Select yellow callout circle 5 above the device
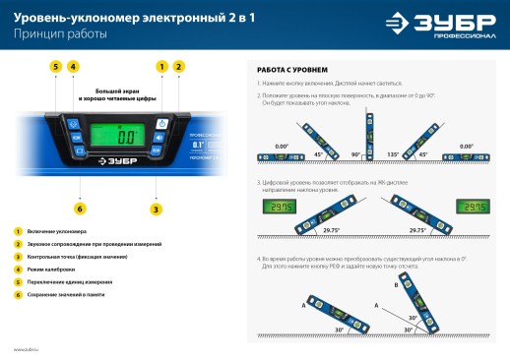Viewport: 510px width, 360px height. pyautogui.click(x=56, y=66)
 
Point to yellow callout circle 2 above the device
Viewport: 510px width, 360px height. pyautogui.click(x=178, y=66)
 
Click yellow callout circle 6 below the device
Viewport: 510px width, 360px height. pyautogui.click(x=79, y=208)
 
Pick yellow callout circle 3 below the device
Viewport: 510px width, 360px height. pyautogui.click(x=156, y=208)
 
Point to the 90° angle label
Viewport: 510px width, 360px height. pyautogui.click(x=355, y=154)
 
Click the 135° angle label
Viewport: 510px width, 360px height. pyautogui.click(x=395, y=154)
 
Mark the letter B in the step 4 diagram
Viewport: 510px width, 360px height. pyautogui.click(x=396, y=284)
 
